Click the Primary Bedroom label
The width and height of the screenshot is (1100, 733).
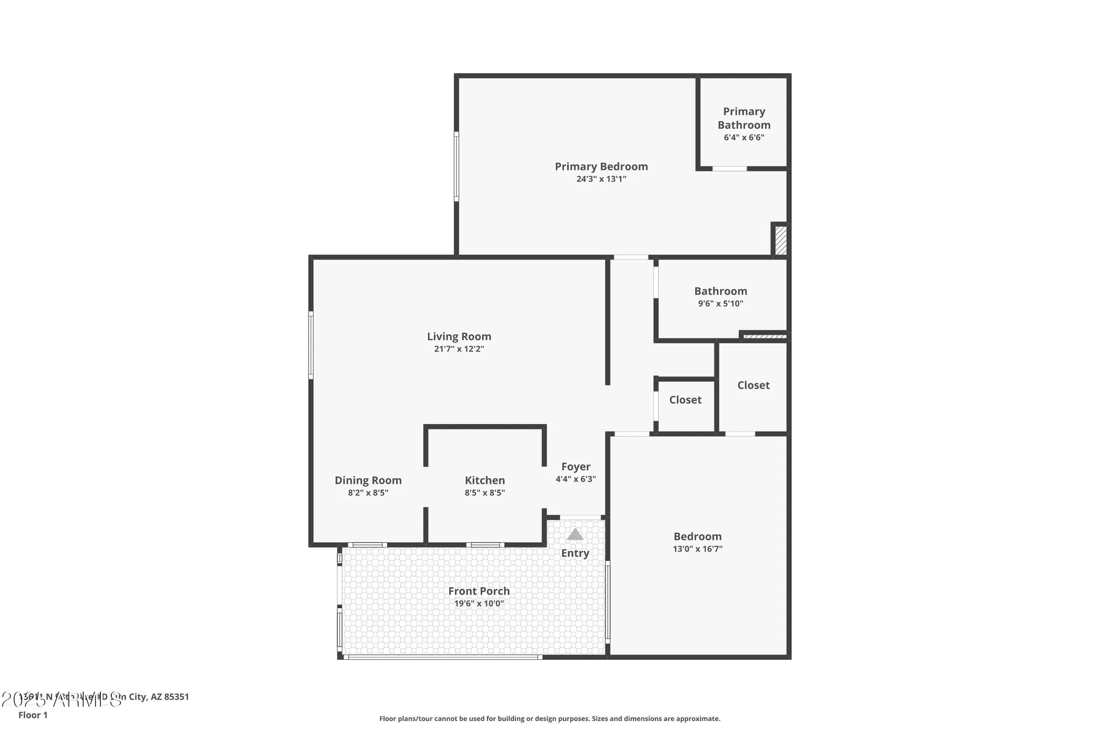click(601, 166)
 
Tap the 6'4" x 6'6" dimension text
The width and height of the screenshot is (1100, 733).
click(744, 137)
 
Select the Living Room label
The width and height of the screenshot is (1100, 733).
click(459, 336)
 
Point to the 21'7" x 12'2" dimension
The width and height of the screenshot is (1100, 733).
click(459, 349)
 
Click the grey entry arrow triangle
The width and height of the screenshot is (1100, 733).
click(575, 534)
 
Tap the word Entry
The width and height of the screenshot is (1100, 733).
click(575, 553)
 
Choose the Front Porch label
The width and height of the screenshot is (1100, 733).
click(479, 591)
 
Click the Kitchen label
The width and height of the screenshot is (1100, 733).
click(485, 480)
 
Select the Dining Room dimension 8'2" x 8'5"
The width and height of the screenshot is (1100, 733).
click(368, 493)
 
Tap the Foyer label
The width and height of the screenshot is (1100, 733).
click(575, 466)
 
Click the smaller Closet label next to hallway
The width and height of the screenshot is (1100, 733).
click(685, 400)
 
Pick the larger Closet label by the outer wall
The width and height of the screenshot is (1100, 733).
click(753, 385)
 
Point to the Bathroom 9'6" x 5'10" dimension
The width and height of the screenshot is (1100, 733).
click(721, 304)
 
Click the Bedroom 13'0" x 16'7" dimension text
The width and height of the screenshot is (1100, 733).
click(697, 549)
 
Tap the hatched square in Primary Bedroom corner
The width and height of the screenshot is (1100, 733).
click(780, 240)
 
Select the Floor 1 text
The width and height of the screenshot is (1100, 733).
click(33, 715)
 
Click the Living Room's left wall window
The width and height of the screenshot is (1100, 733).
click(311, 345)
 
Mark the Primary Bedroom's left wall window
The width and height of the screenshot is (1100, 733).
click(456, 166)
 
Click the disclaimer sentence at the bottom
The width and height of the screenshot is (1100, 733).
click(549, 719)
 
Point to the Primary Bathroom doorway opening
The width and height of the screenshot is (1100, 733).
click(729, 168)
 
